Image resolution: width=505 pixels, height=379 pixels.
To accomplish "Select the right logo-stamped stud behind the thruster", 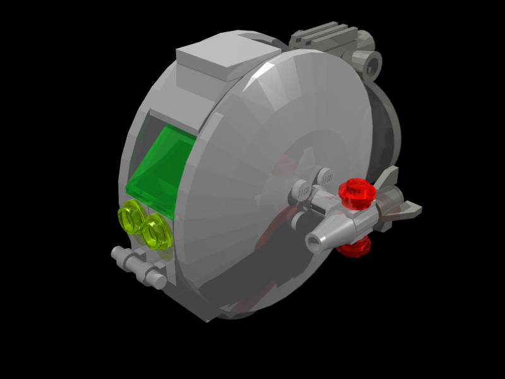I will point(326,179).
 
